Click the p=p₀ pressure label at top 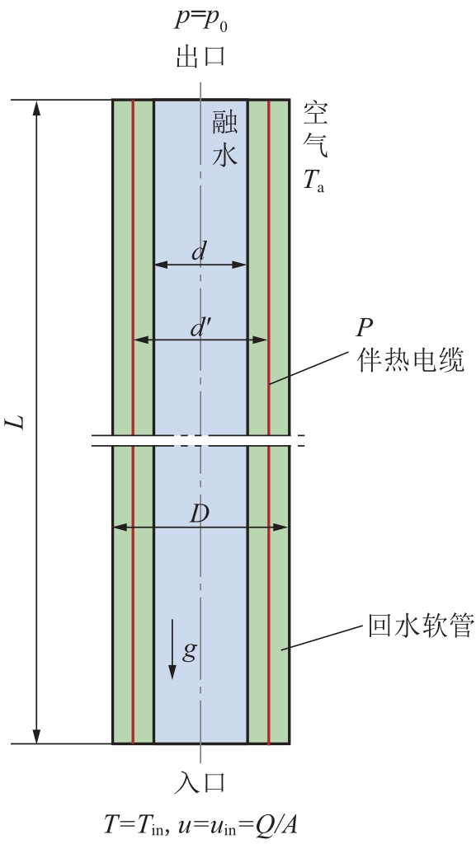click(x=200, y=21)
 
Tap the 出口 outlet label click(x=200, y=55)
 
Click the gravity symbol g click(x=189, y=652)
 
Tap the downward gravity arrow click(x=172, y=649)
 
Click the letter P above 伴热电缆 click(x=365, y=327)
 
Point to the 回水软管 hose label click(x=421, y=626)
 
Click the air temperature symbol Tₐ click(x=313, y=181)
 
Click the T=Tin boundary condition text click(x=137, y=824)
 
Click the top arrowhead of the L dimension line click(x=36, y=107)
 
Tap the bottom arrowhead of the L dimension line click(x=36, y=736)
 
